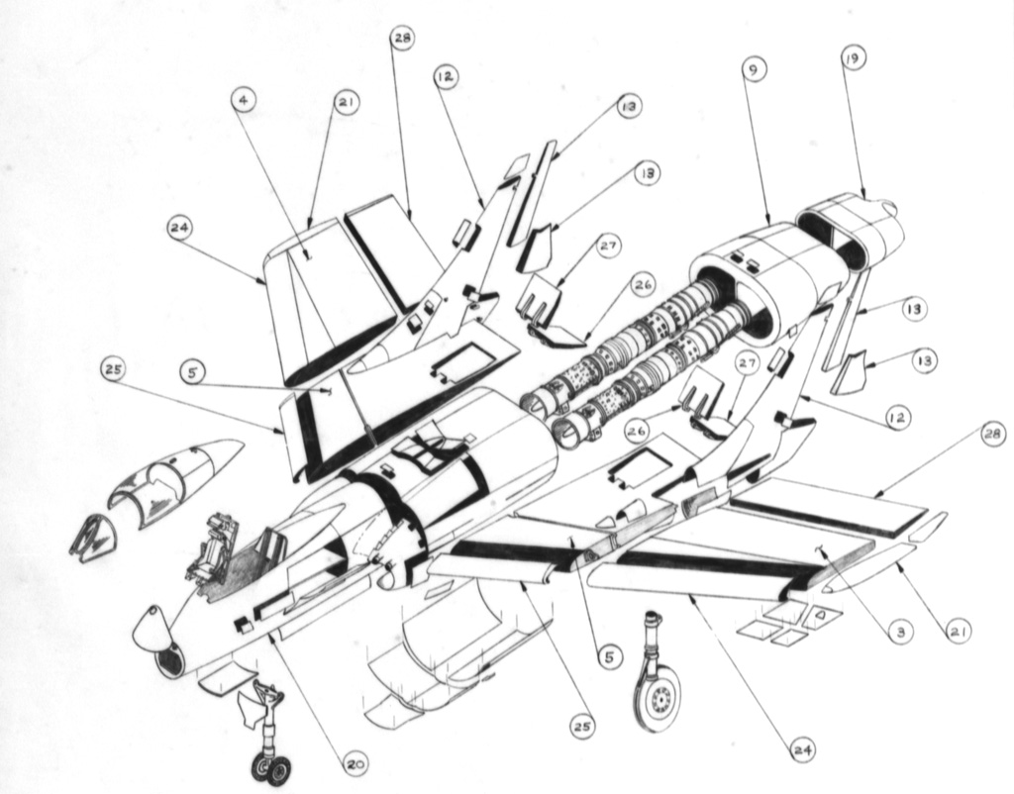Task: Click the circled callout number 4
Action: click(244, 101)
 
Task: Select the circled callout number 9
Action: click(755, 72)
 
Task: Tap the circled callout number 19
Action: click(852, 58)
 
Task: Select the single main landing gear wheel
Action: click(657, 699)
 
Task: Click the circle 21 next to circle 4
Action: click(348, 102)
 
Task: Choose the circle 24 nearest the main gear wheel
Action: click(802, 750)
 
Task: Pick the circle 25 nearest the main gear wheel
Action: click(582, 727)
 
